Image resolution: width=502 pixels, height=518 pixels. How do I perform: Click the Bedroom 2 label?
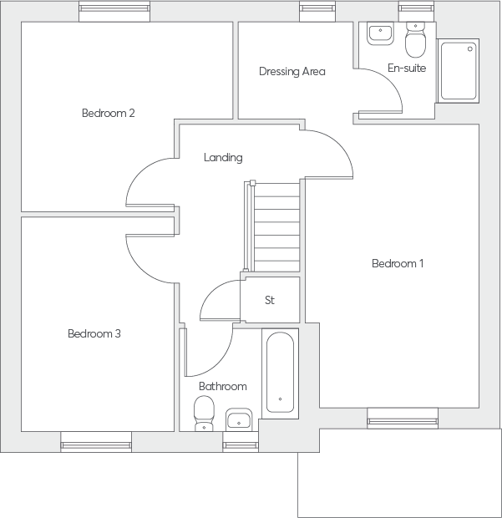point(109,113)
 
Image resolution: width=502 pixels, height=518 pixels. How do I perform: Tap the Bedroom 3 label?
point(94,333)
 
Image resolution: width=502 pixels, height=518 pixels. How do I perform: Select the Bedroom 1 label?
point(398,263)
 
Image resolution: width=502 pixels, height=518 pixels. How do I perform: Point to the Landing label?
point(223,158)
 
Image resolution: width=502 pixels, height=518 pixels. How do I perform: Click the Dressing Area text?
point(292,71)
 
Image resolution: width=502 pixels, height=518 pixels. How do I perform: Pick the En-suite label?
point(407,68)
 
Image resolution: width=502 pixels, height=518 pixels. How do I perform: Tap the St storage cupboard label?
point(270,300)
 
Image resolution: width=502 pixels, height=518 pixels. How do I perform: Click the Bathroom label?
point(223,386)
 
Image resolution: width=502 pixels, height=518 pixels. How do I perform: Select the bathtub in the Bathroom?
point(280,373)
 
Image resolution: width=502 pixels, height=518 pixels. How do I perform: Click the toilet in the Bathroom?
point(204,414)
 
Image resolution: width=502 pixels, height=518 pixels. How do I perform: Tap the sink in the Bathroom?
point(239,419)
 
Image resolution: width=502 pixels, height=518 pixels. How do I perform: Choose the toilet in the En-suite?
point(415,40)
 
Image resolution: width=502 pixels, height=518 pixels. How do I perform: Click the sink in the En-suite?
point(380,33)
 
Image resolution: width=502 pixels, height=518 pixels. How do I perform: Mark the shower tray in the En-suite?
point(459,71)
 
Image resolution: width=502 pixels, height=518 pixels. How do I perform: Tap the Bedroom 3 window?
point(96,442)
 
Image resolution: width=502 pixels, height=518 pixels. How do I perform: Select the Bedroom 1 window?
point(403,419)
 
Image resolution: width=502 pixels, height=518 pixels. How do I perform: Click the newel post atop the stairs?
point(252,183)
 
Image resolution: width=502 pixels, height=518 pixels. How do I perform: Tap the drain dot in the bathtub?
point(280,399)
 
